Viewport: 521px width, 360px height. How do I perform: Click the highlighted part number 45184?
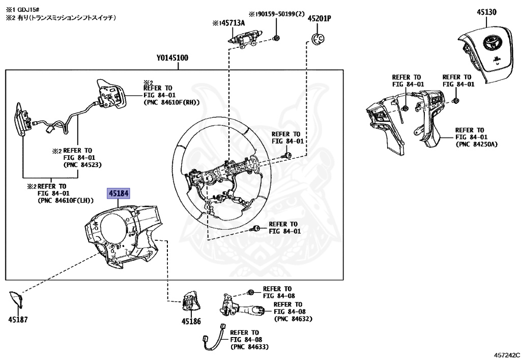click(x=118, y=193)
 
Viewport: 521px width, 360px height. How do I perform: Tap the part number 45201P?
click(x=319, y=18)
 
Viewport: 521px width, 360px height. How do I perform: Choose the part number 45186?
click(x=191, y=321)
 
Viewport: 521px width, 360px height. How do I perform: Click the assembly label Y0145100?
click(x=172, y=58)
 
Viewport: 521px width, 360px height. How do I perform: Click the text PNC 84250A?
click(x=477, y=144)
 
